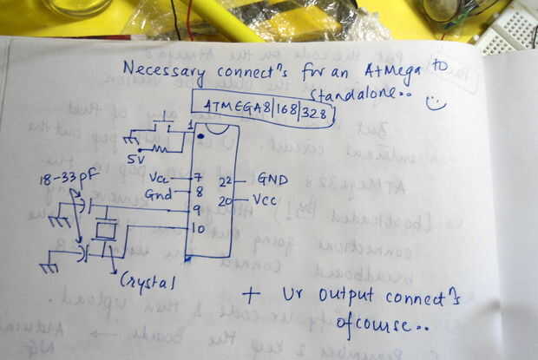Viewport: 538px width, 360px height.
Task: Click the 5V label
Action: point(137,160)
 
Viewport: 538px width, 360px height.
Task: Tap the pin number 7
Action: point(199,177)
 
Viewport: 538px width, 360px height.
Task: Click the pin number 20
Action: point(226,200)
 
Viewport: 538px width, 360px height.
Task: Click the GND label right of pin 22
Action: point(272,180)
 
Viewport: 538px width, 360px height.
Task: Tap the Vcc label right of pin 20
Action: point(266,200)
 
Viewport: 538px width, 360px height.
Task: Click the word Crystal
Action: point(147,283)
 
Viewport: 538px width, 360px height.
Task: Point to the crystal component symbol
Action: point(106,230)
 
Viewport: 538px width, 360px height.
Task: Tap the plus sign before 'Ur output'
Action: point(250,295)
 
